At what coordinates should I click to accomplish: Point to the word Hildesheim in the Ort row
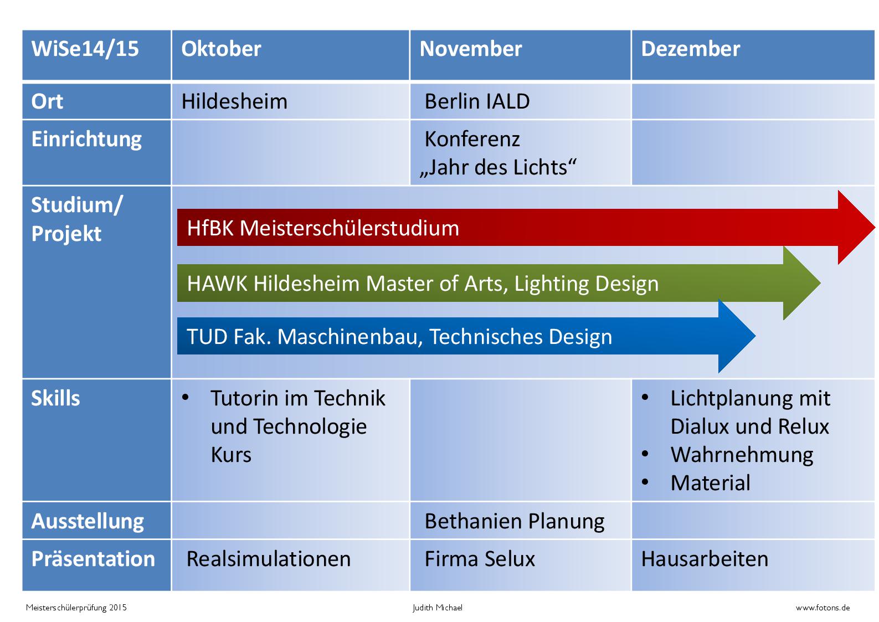click(x=234, y=101)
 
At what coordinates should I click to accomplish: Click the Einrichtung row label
click(x=86, y=140)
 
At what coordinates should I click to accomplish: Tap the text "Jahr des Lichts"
click(x=498, y=168)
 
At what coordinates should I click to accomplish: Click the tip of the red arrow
click(x=874, y=227)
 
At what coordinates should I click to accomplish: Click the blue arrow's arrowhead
click(x=737, y=336)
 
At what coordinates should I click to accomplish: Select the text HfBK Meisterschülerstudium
click(x=323, y=228)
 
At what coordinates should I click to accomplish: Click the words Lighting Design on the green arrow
click(x=586, y=284)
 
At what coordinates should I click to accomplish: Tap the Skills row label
click(x=55, y=398)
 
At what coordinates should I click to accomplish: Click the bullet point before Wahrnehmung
click(x=645, y=454)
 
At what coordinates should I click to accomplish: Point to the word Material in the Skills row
click(x=710, y=482)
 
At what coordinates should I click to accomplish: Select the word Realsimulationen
click(x=269, y=559)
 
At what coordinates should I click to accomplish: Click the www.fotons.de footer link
click(x=823, y=608)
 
